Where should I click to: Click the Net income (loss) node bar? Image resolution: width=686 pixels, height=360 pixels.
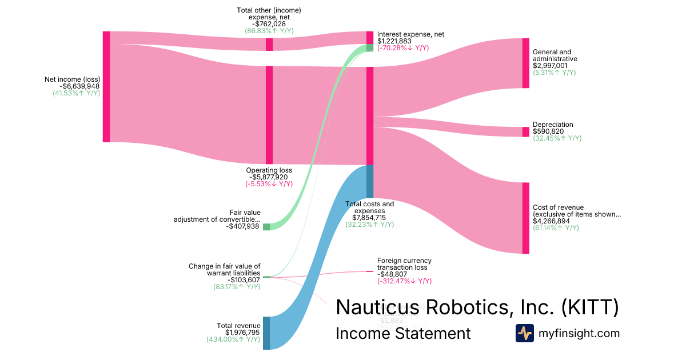[x=106, y=87]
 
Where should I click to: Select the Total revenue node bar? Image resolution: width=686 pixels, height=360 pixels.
[x=266, y=333]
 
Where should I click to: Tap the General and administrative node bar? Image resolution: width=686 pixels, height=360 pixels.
[x=525, y=63]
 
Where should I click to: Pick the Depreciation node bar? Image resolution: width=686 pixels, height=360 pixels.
[x=525, y=132]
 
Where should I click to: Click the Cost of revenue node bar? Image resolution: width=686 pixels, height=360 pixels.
[x=525, y=218]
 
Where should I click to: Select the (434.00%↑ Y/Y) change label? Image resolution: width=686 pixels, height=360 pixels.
[x=233, y=339]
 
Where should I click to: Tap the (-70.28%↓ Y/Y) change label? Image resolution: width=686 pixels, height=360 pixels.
[x=403, y=48]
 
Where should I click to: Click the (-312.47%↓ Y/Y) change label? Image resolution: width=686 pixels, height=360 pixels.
[x=404, y=281]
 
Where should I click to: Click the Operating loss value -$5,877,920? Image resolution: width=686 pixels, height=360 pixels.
[x=269, y=177]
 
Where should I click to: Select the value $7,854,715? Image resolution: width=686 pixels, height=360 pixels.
[x=369, y=218]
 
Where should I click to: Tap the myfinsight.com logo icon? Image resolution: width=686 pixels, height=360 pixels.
[x=524, y=333]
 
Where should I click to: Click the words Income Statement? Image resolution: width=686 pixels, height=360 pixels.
[x=403, y=333]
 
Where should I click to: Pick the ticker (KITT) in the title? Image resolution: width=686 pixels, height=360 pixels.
[x=589, y=307]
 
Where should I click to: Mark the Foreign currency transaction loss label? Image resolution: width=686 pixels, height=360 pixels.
[x=404, y=264]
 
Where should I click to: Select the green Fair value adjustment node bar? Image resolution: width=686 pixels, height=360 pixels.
[x=266, y=227]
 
